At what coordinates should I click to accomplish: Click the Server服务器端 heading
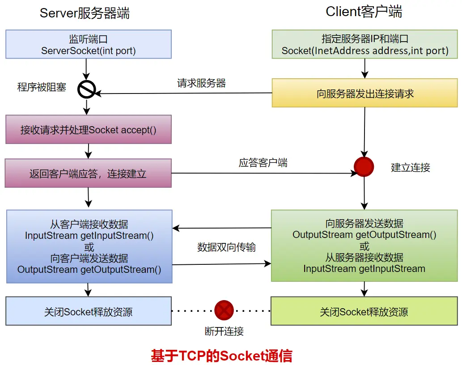click(x=85, y=13)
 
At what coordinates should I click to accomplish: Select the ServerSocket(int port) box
click(x=89, y=44)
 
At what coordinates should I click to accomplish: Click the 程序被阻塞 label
click(x=42, y=87)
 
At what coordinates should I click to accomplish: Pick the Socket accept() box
click(x=89, y=130)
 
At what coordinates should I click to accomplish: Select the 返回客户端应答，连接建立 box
click(x=89, y=173)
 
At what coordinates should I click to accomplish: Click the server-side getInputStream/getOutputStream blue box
click(x=89, y=246)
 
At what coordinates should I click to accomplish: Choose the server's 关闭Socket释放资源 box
click(x=89, y=311)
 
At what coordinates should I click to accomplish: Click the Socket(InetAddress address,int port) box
click(x=365, y=44)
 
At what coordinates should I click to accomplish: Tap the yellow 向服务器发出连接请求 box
click(x=365, y=93)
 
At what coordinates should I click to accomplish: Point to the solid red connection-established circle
click(x=364, y=167)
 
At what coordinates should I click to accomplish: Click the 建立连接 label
click(x=410, y=168)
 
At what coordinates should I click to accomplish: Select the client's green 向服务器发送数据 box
click(x=365, y=246)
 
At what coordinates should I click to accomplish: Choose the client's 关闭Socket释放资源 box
click(x=364, y=311)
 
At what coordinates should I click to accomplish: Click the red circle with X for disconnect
click(x=224, y=310)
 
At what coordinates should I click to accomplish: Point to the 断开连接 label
click(x=224, y=331)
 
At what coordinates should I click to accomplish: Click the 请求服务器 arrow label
click(x=201, y=83)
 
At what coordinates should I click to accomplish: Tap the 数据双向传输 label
click(x=226, y=247)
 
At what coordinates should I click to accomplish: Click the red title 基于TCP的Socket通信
click(x=221, y=356)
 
